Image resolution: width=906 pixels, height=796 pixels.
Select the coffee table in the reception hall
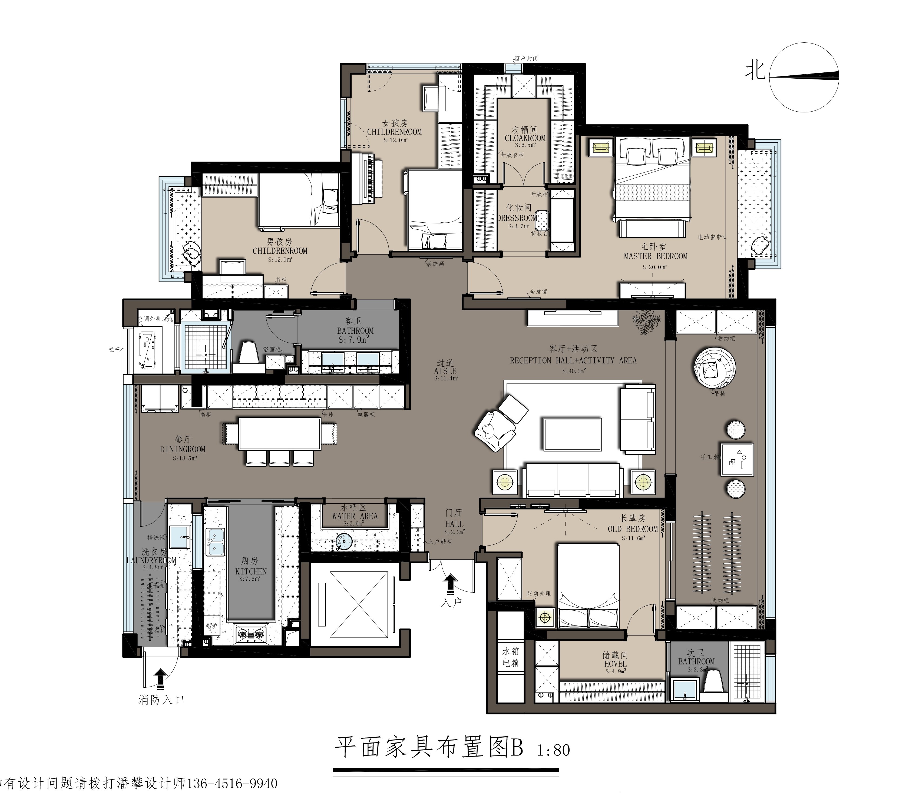pyautogui.click(x=572, y=434)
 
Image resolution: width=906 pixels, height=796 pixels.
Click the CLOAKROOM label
pyautogui.click(x=525, y=138)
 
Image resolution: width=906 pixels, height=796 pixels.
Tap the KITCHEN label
pyautogui.click(x=251, y=571)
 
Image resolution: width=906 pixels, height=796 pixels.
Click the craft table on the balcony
pyautogui.click(x=737, y=459)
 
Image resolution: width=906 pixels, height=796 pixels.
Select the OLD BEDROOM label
pyautogui.click(x=633, y=529)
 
